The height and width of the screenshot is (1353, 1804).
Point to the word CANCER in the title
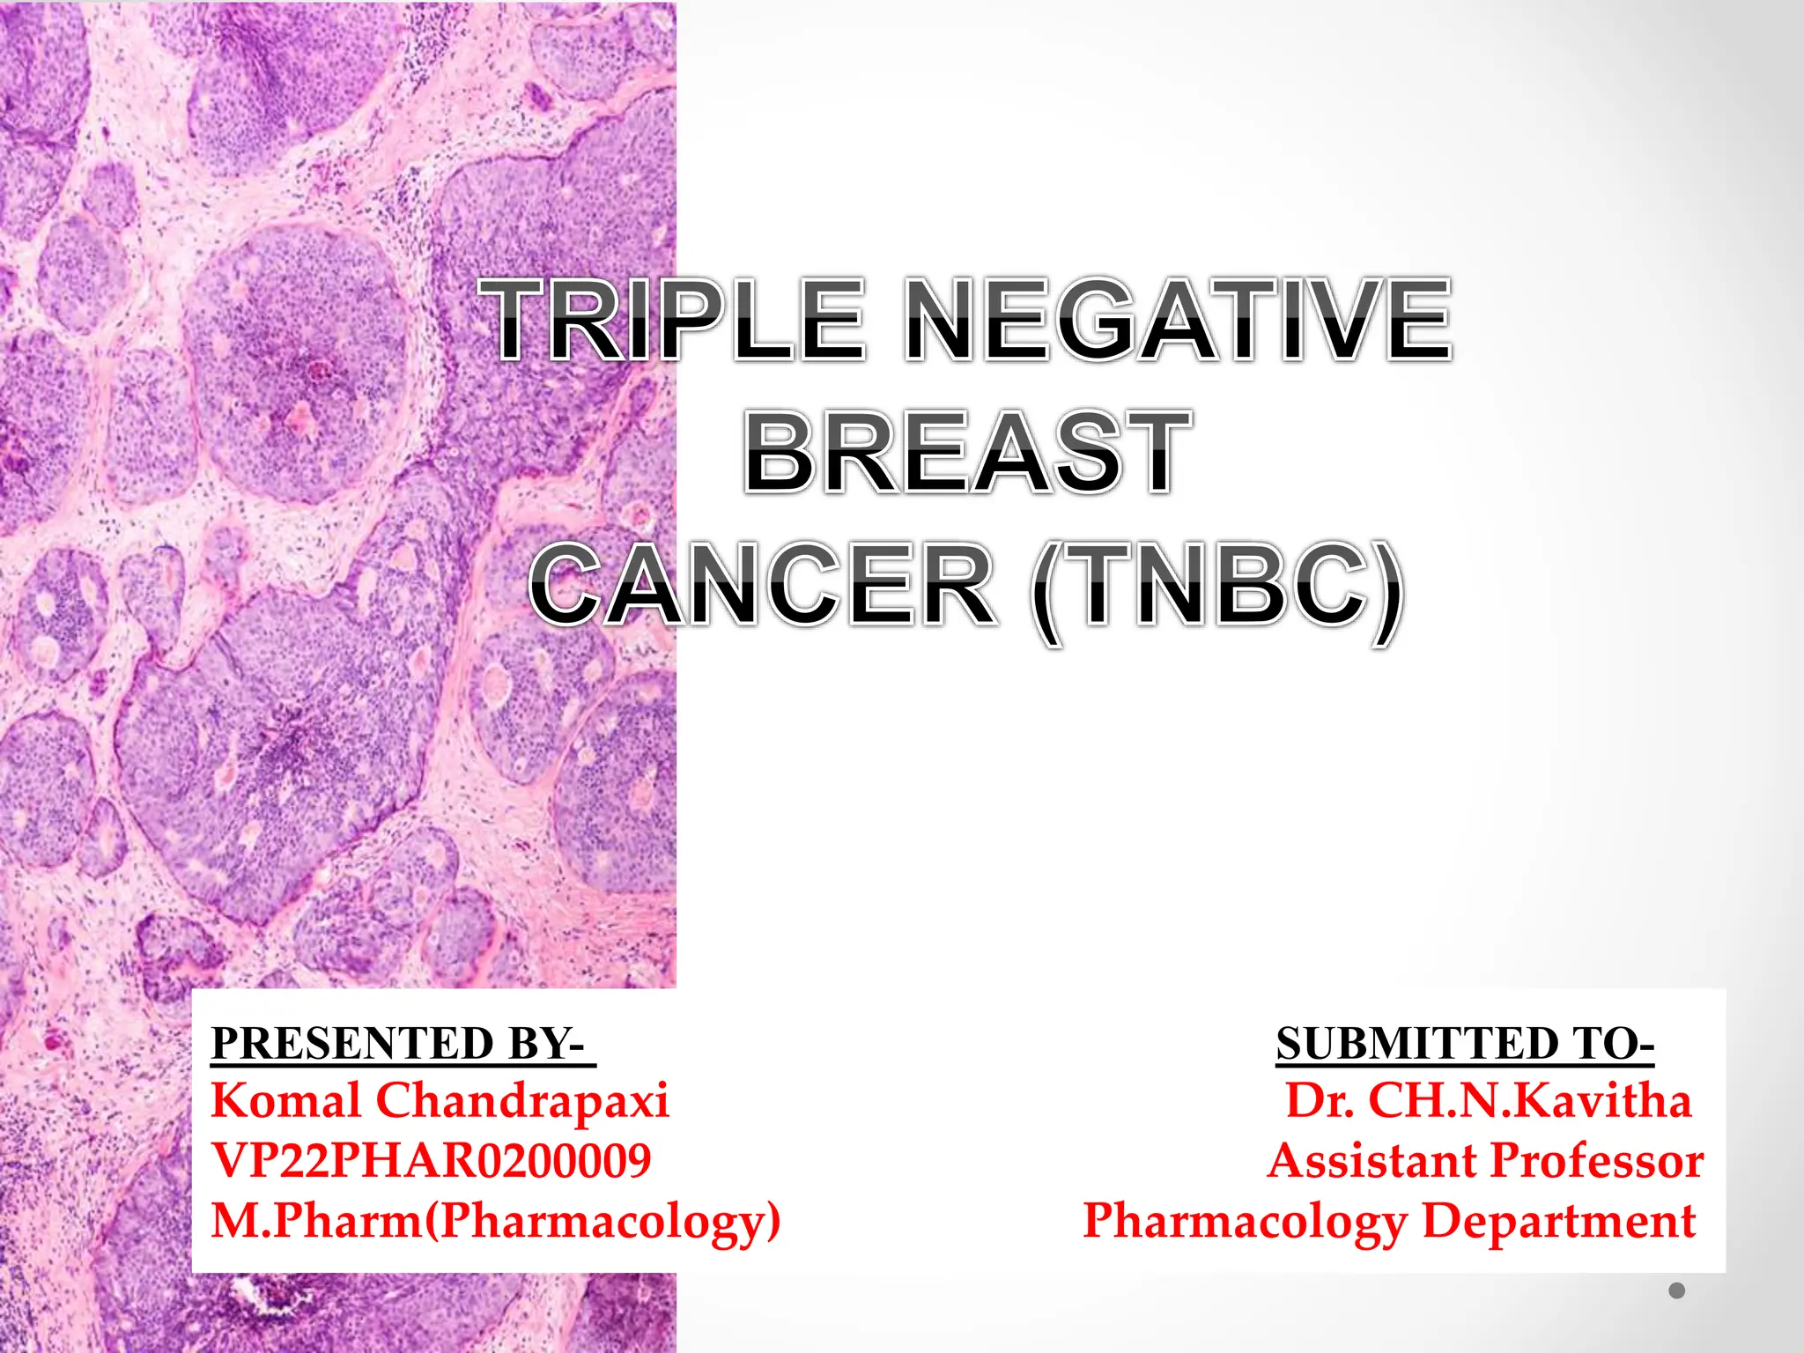(x=763, y=585)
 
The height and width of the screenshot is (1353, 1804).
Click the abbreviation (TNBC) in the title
(x=1217, y=587)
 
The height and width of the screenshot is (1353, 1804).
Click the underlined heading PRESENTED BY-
(x=403, y=1043)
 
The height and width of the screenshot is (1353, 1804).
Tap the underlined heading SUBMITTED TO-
(x=1465, y=1043)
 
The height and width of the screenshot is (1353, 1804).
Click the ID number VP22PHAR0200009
(x=432, y=1160)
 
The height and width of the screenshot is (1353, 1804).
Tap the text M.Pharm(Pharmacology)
(x=495, y=1221)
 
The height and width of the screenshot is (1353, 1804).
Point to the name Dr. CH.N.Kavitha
(x=1488, y=1100)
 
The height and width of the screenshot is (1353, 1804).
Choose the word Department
(x=1559, y=1221)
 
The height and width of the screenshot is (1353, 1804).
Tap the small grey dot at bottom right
(x=1676, y=1290)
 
